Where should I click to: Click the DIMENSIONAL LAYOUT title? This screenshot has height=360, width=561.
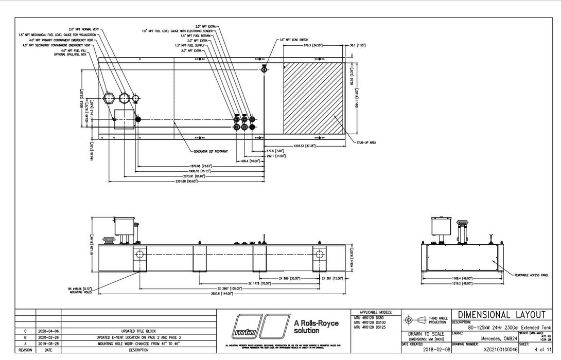tap(501, 315)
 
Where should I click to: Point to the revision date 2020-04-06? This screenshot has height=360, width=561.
tap(48, 331)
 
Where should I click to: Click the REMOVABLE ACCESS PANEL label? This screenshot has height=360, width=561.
tap(531, 275)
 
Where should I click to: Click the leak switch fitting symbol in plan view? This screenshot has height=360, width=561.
tap(264, 69)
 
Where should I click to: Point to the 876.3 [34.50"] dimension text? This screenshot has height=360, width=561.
tap(312, 45)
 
